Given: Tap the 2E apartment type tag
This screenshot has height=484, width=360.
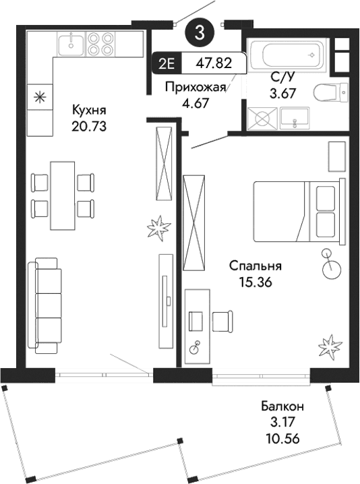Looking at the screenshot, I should [167, 63].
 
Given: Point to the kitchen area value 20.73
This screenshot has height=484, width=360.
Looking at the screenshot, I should [89, 125].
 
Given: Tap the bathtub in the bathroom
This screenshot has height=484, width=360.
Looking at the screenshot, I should [288, 54].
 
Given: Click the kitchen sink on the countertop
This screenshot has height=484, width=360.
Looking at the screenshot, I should [70, 44].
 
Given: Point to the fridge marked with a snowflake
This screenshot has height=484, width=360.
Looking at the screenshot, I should [39, 96].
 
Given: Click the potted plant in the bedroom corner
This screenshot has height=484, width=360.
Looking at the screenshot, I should [328, 346].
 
